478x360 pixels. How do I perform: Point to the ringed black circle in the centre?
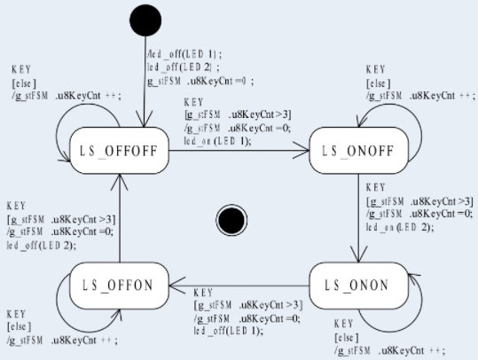coord(231,219)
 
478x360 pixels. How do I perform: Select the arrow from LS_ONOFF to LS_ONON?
coord(355,217)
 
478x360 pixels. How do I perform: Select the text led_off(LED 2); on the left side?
coord(41,244)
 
